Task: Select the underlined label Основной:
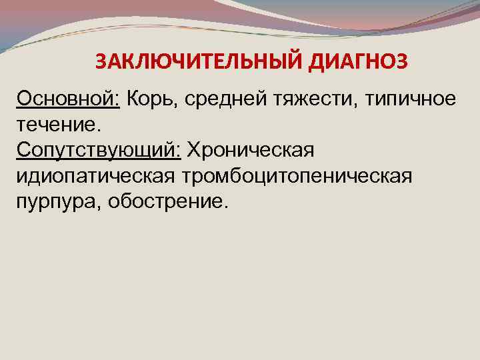pyautogui.click(x=69, y=99)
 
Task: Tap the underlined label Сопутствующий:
pyautogui.click(x=99, y=151)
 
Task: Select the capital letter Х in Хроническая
pyautogui.click(x=194, y=150)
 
